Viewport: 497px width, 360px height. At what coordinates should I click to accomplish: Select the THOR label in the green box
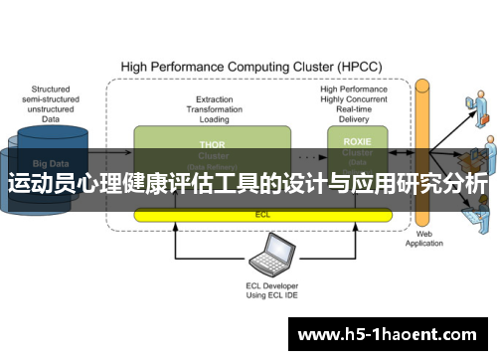213,143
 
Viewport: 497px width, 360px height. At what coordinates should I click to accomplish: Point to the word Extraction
215,98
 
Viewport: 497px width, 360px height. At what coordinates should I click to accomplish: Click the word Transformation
215,108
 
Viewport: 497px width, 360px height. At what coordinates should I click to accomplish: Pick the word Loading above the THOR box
215,118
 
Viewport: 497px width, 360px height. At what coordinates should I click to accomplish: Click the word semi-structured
51,98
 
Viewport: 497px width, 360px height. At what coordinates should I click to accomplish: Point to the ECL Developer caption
271,285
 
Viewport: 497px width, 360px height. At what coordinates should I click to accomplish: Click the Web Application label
423,240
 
